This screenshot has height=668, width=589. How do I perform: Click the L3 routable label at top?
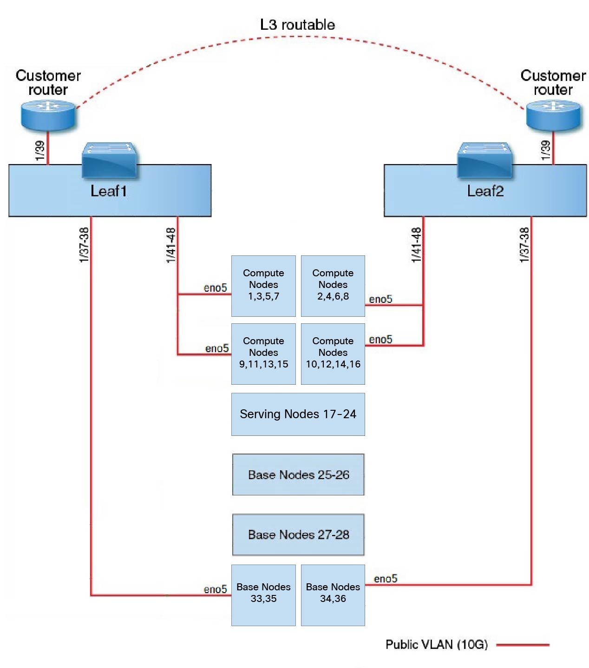(x=297, y=25)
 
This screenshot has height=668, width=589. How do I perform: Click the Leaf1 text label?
(x=108, y=191)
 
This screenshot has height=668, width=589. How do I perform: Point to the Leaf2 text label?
(x=485, y=191)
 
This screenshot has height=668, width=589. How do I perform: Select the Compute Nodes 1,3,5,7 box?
(x=263, y=286)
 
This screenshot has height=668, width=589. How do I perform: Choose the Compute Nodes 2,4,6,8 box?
(x=333, y=286)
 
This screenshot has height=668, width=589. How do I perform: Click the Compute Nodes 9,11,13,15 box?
(x=263, y=354)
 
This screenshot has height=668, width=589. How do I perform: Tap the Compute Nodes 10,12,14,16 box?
(x=333, y=354)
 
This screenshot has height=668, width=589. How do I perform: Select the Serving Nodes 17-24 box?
(x=298, y=414)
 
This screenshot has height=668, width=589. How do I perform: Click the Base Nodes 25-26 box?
(x=298, y=474)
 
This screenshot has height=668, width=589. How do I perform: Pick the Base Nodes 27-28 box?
(x=298, y=534)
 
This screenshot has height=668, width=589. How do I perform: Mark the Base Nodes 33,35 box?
(x=263, y=595)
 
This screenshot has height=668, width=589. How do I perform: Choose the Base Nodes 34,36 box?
(x=333, y=595)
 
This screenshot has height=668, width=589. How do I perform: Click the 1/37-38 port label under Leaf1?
(x=84, y=245)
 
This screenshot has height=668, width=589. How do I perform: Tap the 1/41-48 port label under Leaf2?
(x=416, y=245)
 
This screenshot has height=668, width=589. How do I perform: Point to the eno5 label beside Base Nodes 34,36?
(x=386, y=579)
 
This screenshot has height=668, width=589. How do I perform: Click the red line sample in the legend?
(x=523, y=645)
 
